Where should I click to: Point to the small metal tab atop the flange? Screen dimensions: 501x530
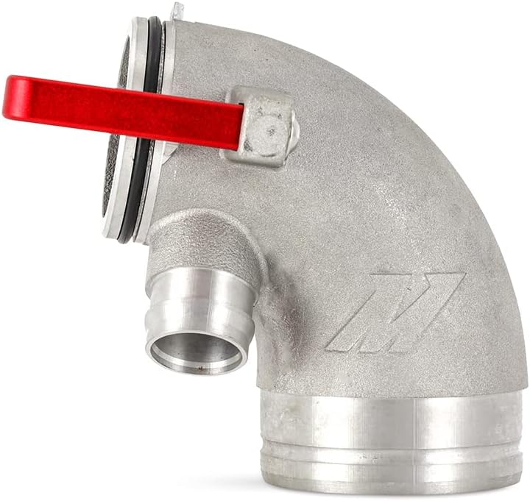[x=175, y=10]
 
